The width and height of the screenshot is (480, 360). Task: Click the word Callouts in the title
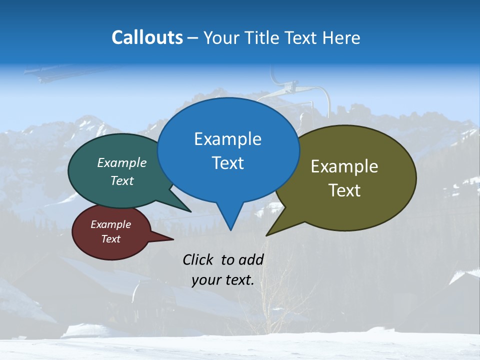(147, 37)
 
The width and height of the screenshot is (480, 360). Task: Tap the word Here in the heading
(341, 37)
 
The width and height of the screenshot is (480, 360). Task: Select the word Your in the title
(221, 37)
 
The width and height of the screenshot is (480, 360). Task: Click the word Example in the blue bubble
(227, 139)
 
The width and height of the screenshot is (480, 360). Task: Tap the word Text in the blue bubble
(227, 163)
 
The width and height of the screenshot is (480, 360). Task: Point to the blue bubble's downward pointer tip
(230, 229)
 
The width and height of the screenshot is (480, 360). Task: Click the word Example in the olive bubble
(344, 166)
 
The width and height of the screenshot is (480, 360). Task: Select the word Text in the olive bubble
(344, 190)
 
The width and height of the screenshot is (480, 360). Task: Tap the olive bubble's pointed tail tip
(267, 235)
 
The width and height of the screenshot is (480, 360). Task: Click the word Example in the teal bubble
(122, 162)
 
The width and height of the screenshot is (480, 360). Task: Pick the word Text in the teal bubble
(122, 180)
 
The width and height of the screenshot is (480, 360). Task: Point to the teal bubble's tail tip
(190, 211)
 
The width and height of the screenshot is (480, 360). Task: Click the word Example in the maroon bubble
(110, 224)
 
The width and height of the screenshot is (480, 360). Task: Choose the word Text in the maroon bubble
(110, 239)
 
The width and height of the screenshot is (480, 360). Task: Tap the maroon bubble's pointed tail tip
(173, 239)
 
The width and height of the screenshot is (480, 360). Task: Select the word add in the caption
(251, 259)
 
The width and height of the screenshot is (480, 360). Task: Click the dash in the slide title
(193, 38)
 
